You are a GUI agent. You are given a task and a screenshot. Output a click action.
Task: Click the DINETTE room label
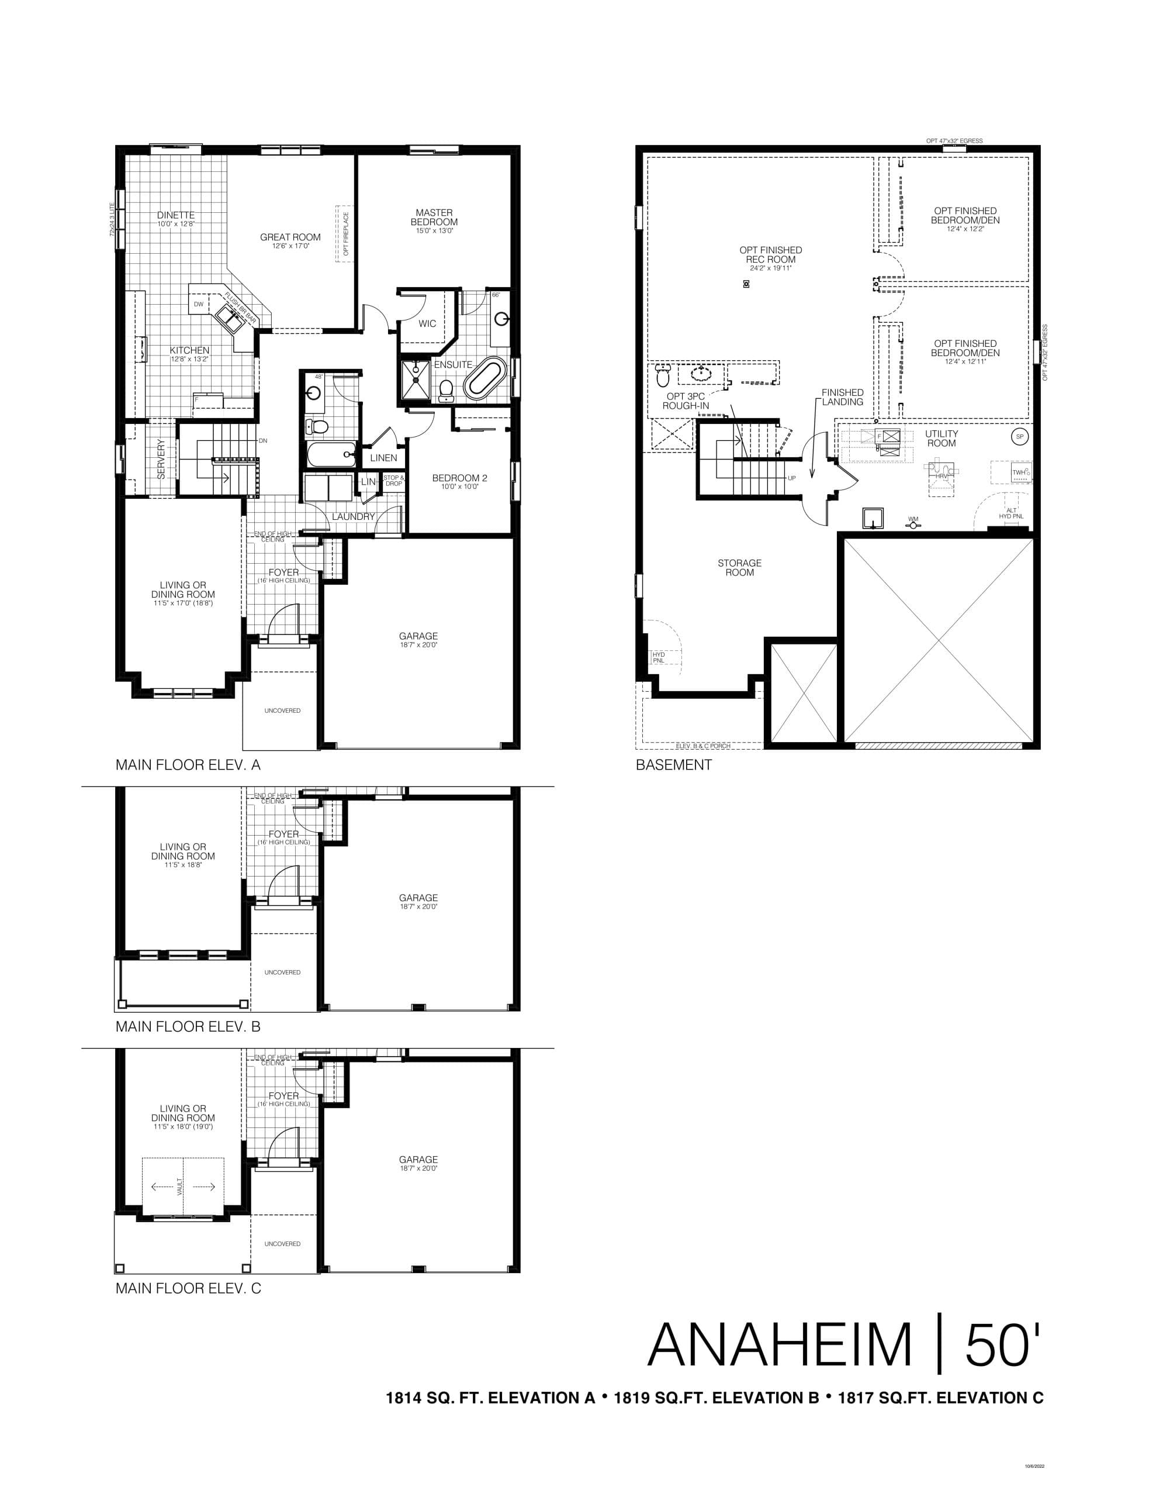click(175, 215)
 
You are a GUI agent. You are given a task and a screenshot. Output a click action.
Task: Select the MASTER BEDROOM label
click(434, 218)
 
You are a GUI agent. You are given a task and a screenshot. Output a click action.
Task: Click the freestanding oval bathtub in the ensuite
click(485, 377)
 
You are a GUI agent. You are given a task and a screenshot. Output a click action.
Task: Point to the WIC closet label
click(427, 323)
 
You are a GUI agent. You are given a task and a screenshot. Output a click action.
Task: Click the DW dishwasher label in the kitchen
click(198, 303)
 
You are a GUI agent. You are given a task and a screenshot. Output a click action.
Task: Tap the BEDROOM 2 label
click(459, 478)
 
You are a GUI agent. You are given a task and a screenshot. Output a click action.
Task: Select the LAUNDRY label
click(354, 516)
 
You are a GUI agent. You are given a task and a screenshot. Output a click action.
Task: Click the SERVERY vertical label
click(162, 458)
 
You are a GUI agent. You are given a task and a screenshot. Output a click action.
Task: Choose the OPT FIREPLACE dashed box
click(345, 233)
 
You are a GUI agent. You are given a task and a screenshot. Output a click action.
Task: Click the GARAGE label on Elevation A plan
click(418, 637)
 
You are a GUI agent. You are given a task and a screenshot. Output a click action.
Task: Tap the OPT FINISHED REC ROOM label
click(770, 255)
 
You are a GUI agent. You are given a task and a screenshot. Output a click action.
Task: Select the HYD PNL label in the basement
click(659, 657)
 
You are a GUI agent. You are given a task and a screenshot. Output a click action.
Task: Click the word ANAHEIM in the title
click(780, 1365)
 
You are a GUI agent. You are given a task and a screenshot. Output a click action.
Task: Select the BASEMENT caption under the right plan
click(674, 765)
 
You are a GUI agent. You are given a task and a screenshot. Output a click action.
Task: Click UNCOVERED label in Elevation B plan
click(282, 972)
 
